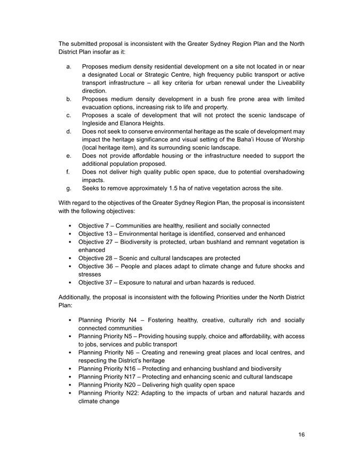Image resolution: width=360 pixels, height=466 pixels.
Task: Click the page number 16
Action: pyautogui.click(x=301, y=435)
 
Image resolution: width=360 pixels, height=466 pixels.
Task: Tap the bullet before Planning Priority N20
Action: pyautogui.click(x=71, y=384)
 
